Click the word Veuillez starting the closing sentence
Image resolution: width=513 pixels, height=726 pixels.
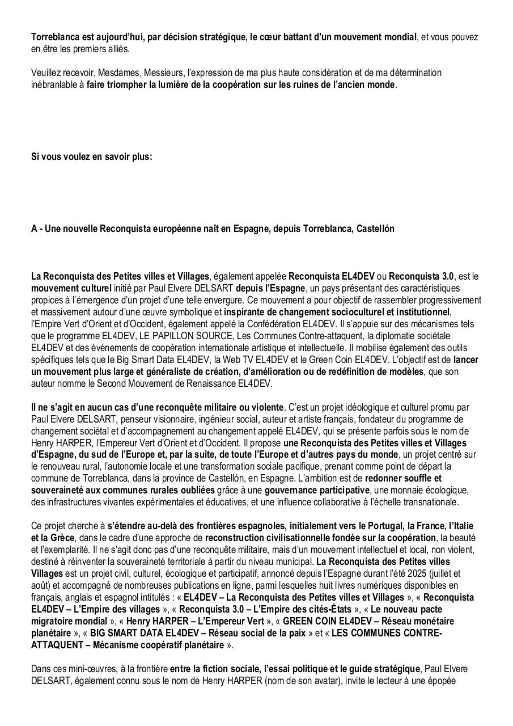[45, 73]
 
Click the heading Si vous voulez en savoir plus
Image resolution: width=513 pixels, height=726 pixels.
[91, 157]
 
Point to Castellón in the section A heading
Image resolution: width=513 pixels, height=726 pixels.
[375, 229]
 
